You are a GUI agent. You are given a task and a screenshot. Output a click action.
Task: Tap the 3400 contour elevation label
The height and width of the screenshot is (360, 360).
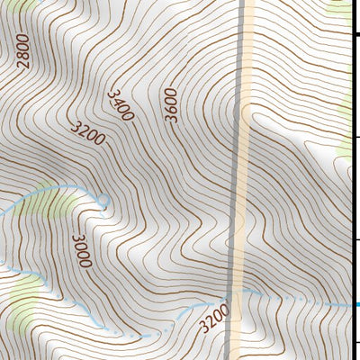[x=121, y=105]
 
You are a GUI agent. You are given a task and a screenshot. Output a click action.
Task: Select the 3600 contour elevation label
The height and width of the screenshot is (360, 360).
[x=171, y=105]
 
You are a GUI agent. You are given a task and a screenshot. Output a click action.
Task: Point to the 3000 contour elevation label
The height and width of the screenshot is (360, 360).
[x=82, y=250]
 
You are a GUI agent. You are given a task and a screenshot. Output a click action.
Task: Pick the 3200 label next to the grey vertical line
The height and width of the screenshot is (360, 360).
[x=213, y=317]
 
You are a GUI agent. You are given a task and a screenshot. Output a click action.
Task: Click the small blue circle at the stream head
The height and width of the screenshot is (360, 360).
[x=103, y=201]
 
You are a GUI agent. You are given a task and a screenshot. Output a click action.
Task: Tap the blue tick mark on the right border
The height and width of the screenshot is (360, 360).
[x=357, y=304]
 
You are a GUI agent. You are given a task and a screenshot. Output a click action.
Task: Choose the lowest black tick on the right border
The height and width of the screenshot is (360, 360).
[x=357, y=342]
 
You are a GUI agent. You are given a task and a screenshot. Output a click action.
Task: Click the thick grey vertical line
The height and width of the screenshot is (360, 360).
[x=240, y=135]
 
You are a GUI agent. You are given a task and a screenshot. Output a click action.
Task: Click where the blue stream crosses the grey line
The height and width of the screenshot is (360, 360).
[x=231, y=297]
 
